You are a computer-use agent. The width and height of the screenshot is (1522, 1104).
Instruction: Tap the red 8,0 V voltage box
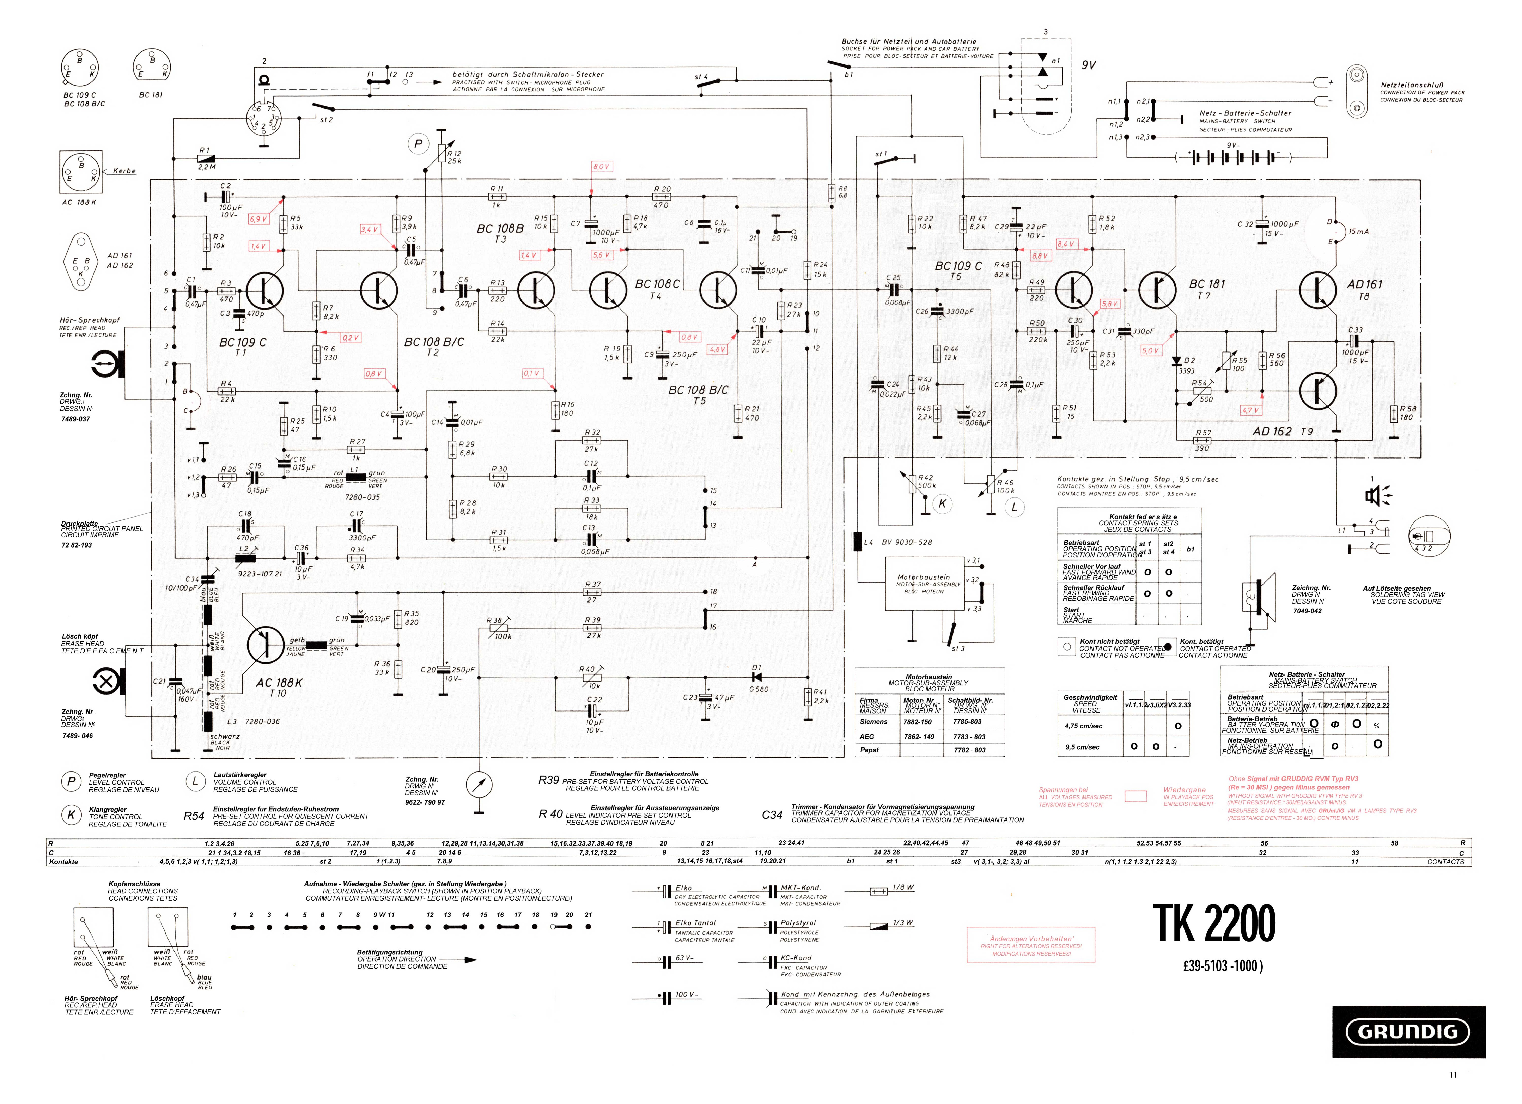601,166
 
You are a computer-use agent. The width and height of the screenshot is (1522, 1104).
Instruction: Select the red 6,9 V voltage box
258,219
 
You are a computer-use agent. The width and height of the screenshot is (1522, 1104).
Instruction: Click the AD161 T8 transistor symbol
1317,290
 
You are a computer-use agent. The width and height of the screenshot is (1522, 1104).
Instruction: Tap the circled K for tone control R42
942,503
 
